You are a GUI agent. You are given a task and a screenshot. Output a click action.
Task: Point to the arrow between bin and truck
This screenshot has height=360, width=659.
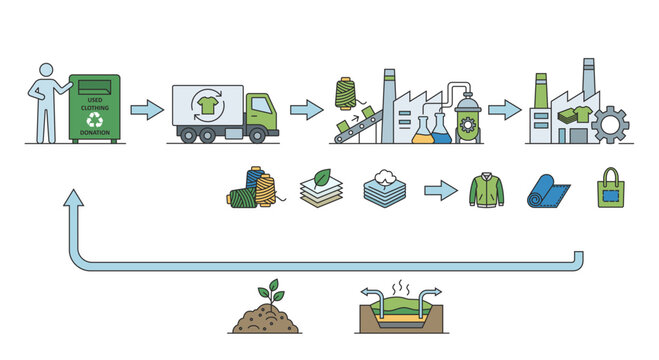point(146,110)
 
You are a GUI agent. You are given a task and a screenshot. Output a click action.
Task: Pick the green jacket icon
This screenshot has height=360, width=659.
point(487,189)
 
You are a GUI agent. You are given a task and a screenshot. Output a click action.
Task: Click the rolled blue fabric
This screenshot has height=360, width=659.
point(546,190)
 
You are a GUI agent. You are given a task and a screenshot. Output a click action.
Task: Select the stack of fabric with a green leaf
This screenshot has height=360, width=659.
point(319,188)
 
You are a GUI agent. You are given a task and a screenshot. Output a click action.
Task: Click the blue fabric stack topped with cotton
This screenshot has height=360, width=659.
point(384,188)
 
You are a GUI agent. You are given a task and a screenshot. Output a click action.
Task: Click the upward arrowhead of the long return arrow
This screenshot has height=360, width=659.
point(71,203)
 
